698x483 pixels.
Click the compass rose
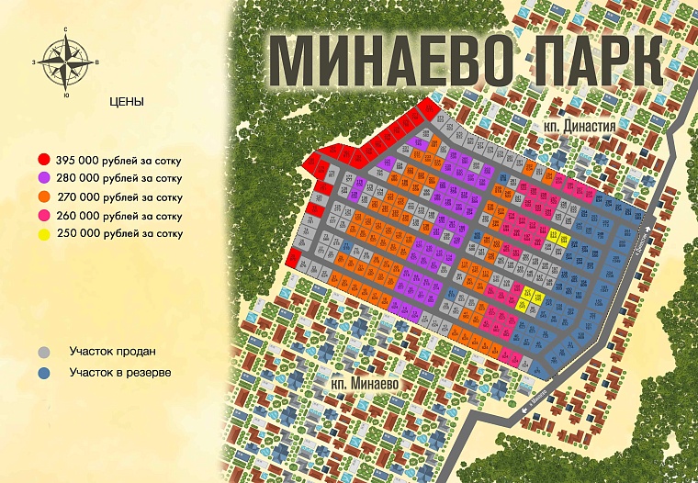point(65,62)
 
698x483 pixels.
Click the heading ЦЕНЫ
point(126,102)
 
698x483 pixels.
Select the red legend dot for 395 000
point(44,160)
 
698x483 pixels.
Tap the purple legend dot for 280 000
point(44,178)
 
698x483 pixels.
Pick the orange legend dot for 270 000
point(44,197)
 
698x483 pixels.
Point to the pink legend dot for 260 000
point(44,215)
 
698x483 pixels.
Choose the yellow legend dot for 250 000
point(44,233)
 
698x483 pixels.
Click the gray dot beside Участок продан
point(44,352)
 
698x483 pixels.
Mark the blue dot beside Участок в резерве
point(44,373)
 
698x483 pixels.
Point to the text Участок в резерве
point(120,373)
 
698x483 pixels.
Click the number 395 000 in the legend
point(75,160)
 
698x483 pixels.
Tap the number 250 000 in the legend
point(75,233)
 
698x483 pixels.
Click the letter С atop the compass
point(66,29)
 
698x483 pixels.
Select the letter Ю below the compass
point(66,95)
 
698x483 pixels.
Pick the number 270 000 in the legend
point(75,197)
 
